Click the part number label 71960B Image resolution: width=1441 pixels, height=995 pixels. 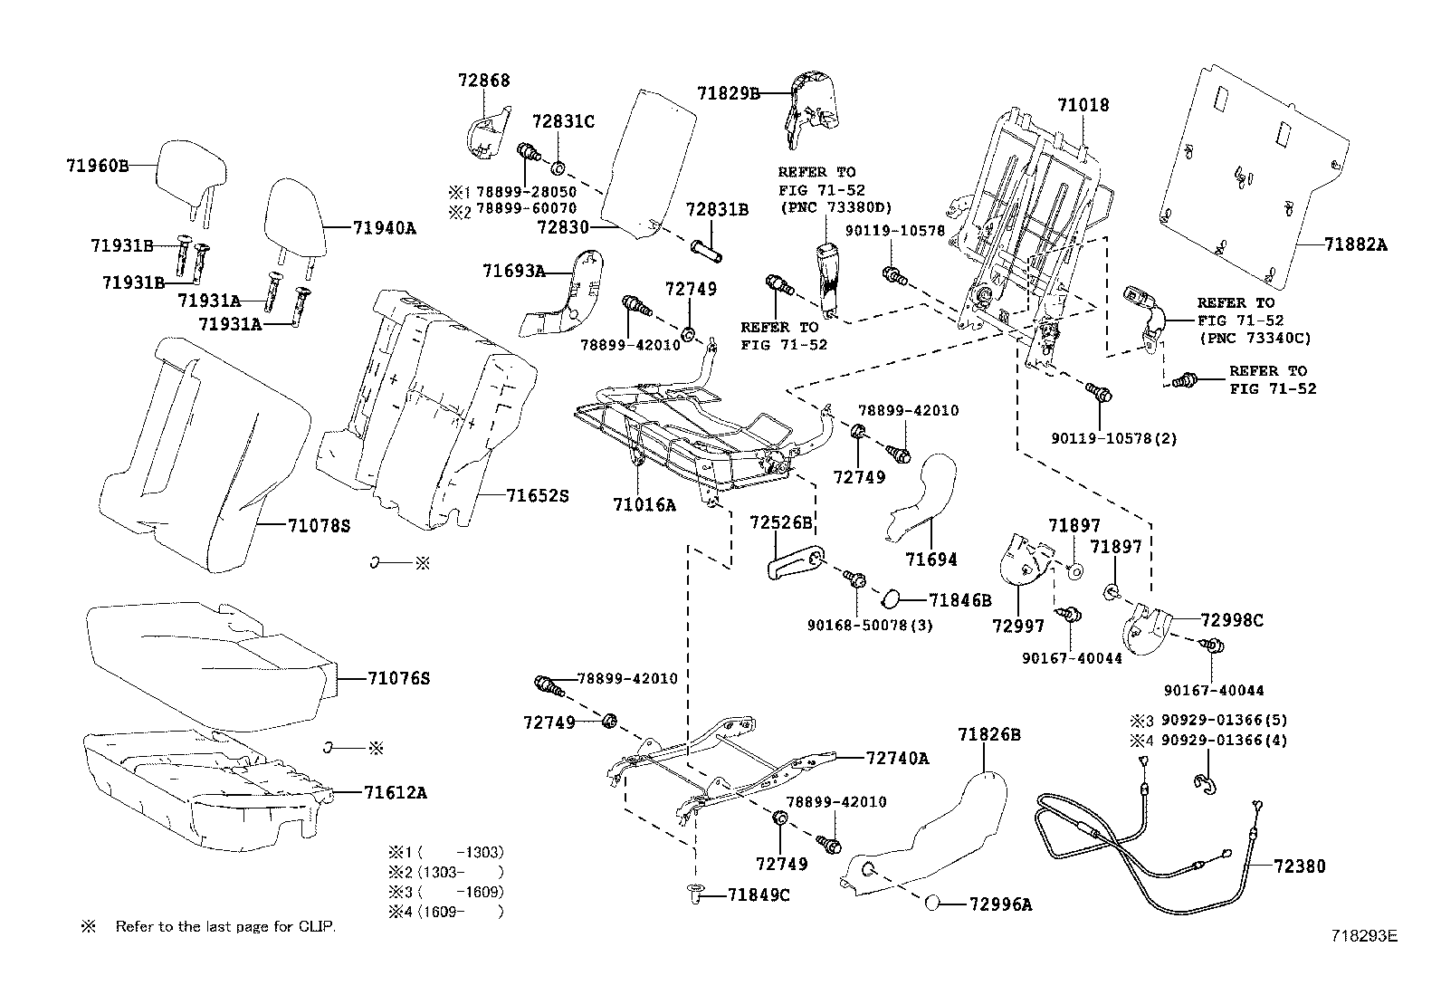point(97,166)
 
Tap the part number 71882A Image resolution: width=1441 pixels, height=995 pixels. point(1355,244)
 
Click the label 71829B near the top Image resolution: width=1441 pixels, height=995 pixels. point(729,94)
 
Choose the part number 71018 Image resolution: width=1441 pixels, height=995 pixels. point(1083,105)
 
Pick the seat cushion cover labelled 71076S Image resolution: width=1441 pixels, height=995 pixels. point(210,666)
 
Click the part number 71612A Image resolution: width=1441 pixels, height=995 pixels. point(396,792)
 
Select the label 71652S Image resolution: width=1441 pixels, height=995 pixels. point(537,495)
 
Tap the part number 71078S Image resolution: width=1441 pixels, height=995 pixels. point(320,526)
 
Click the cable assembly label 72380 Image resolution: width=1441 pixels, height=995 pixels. point(1300,866)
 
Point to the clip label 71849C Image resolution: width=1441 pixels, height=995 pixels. point(759,895)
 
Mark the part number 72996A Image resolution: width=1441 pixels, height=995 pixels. point(1000,904)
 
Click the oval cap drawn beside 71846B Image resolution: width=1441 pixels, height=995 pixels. point(891,599)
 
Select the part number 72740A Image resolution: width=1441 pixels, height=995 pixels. point(897,758)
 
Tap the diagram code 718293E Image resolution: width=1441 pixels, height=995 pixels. point(1364,936)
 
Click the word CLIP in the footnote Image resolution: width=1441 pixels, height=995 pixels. point(316,927)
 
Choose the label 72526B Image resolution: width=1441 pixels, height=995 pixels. point(781,522)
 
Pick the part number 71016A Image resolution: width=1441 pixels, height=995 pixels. point(644,505)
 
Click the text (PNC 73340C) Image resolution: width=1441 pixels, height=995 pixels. point(1255,338)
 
